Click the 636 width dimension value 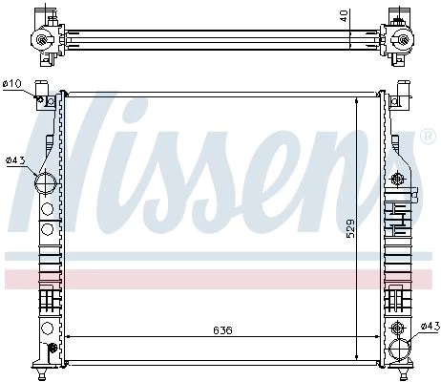(x=222, y=330)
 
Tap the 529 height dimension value (x=350, y=228)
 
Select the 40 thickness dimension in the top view (x=344, y=16)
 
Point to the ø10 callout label (x=11, y=84)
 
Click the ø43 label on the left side (x=15, y=160)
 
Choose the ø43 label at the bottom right (x=430, y=326)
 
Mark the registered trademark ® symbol (x=428, y=136)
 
